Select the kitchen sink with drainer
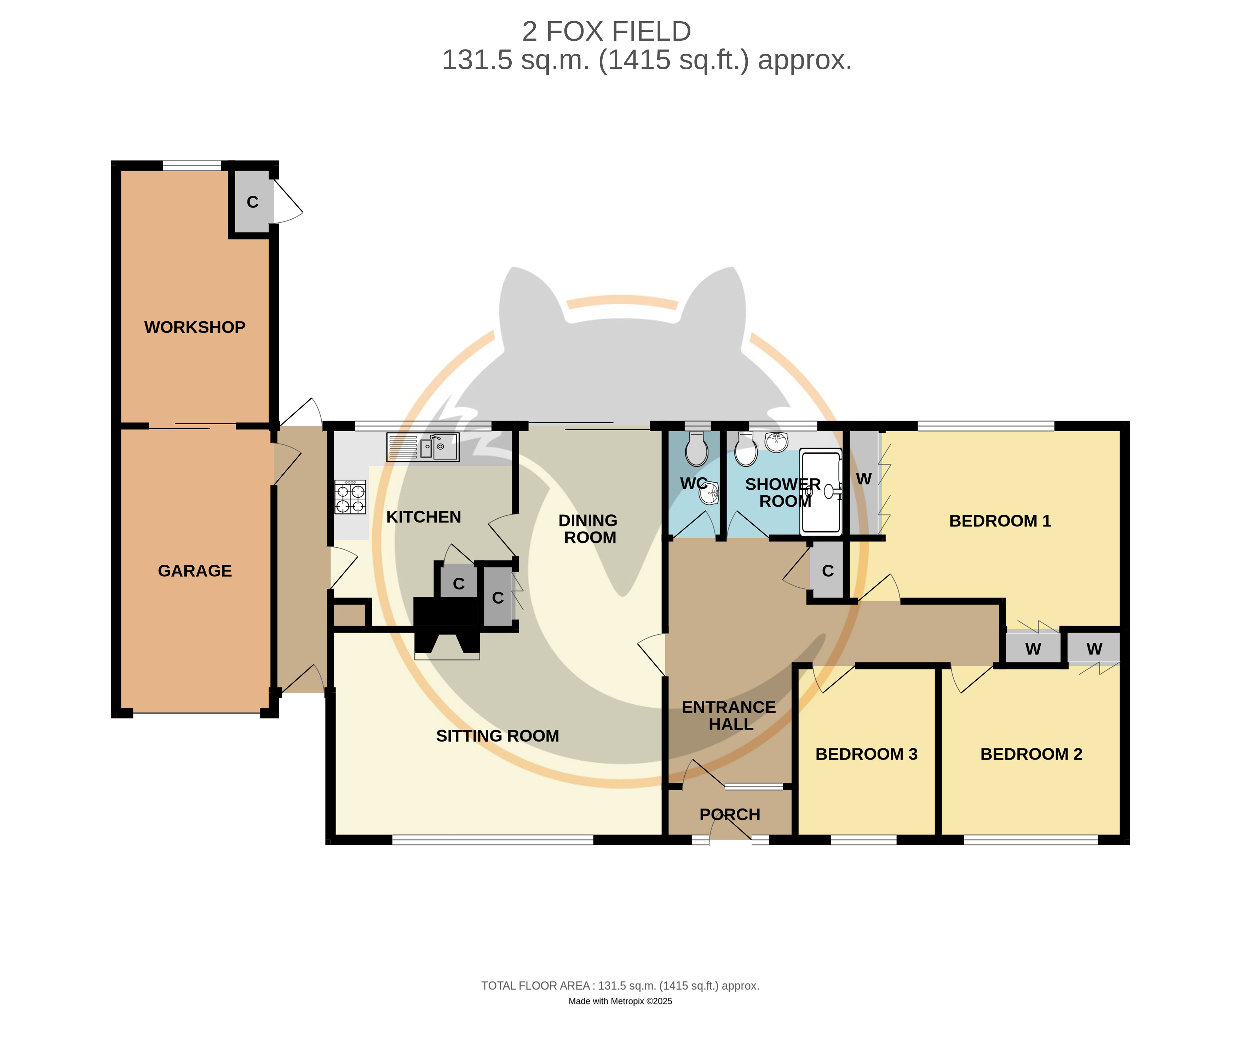[423, 447]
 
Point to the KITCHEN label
[424, 517]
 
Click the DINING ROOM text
[588, 529]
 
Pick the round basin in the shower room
[776, 442]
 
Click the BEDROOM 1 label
[1000, 521]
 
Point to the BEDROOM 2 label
[1031, 754]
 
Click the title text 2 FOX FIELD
[607, 31]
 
